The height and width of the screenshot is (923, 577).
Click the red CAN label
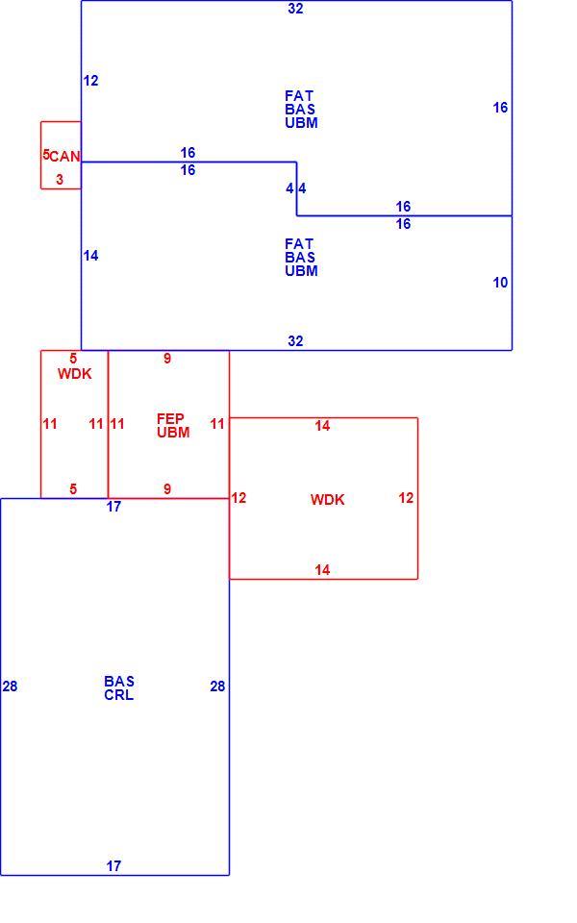click(x=64, y=157)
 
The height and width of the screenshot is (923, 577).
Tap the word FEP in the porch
click(x=170, y=418)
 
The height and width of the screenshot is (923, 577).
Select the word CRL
click(x=119, y=694)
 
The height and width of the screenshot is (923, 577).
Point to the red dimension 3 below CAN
click(x=60, y=180)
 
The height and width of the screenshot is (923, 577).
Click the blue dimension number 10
click(x=500, y=283)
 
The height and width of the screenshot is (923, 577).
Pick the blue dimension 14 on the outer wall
click(x=90, y=256)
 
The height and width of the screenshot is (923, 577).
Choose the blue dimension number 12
click(x=90, y=81)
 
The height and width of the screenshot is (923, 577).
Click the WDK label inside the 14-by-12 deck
click(x=327, y=500)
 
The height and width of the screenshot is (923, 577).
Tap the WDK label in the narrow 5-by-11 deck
click(x=75, y=374)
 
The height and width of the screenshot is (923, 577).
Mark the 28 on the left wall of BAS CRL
click(x=10, y=686)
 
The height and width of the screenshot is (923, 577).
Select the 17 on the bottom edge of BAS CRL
click(x=113, y=866)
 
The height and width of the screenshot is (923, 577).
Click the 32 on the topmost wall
click(x=295, y=9)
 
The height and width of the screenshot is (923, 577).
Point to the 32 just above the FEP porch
click(x=295, y=340)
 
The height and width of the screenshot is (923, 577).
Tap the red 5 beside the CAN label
click(x=46, y=155)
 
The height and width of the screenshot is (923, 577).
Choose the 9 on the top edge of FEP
click(x=167, y=359)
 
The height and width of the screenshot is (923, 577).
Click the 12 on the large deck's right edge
click(x=406, y=498)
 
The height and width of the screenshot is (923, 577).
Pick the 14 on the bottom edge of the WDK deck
click(x=322, y=570)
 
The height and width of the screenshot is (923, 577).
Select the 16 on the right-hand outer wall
click(x=500, y=108)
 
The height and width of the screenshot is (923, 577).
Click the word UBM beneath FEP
click(x=173, y=432)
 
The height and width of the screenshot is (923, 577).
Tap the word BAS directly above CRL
click(x=119, y=681)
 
